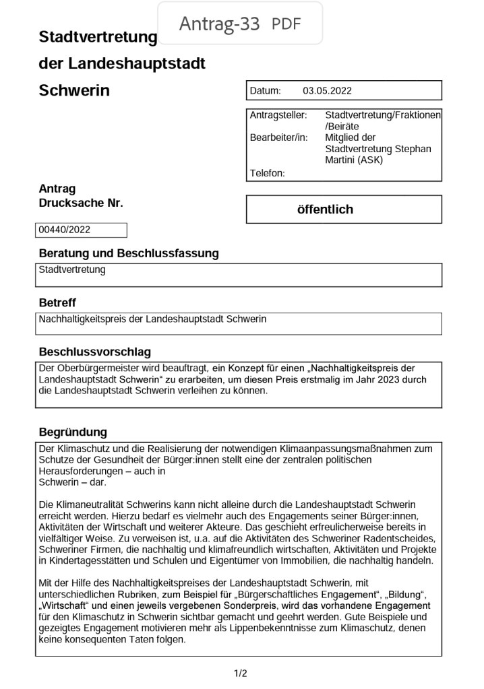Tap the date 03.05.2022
(327, 91)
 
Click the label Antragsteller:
(278, 115)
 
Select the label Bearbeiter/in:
(278, 137)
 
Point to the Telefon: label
(268, 173)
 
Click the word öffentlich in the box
(325, 209)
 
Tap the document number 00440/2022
(65, 230)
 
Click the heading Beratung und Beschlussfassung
(129, 254)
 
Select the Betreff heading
(57, 303)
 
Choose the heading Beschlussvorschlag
(95, 352)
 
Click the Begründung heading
(73, 432)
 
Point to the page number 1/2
(241, 673)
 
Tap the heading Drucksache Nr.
(81, 203)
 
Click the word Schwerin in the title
(74, 90)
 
